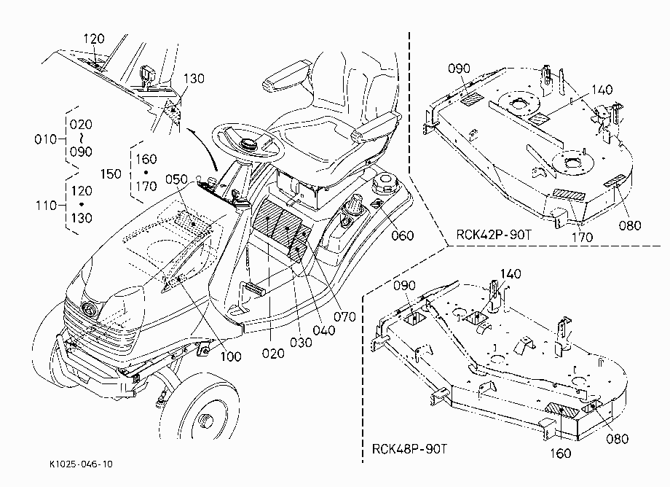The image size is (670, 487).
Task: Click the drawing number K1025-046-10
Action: click(x=81, y=464)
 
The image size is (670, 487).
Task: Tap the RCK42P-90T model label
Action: click(x=494, y=235)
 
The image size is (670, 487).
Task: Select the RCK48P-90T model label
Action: click(x=409, y=449)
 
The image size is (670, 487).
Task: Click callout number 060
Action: click(x=403, y=235)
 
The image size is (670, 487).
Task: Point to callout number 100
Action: click(x=231, y=357)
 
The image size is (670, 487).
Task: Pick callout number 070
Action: click(x=344, y=317)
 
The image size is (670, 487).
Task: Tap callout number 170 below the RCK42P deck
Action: click(x=582, y=237)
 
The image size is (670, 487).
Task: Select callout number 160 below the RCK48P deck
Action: click(x=561, y=453)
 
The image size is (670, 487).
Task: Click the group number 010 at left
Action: click(x=45, y=139)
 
